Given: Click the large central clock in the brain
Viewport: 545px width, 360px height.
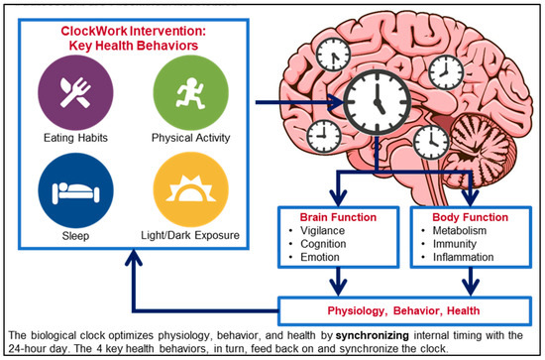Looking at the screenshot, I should pos(378,100).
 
